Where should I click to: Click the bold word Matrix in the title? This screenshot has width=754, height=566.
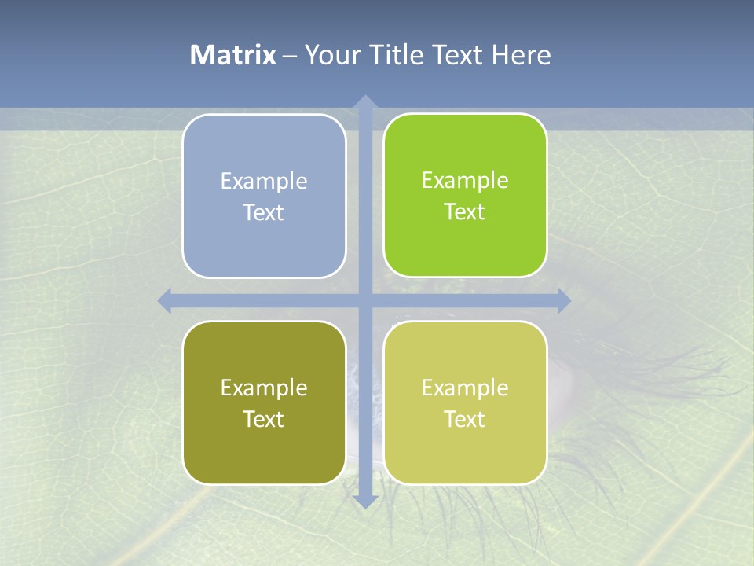233,55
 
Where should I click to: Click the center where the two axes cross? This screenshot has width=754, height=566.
364,301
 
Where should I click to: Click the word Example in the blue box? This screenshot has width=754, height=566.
264,182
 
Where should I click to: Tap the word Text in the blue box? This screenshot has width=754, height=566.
263,213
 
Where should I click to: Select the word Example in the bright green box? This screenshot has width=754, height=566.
465,181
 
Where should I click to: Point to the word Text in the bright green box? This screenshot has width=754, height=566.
464,212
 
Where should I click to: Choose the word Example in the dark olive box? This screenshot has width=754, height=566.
264,388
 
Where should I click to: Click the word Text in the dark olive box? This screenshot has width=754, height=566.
263,420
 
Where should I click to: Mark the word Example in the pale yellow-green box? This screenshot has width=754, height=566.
465,388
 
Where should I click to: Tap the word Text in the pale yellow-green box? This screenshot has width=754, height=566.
464,420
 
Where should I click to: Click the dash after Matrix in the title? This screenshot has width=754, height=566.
290,56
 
